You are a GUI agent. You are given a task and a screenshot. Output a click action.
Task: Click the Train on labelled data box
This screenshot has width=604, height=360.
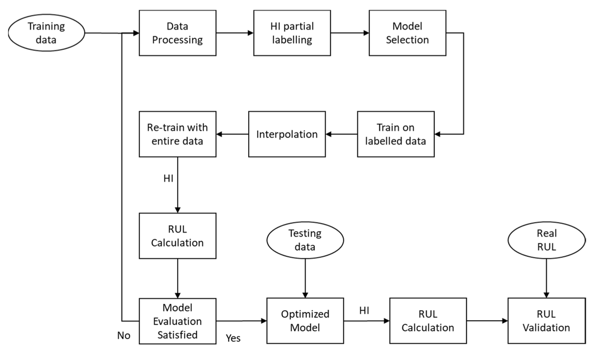coord(396,134)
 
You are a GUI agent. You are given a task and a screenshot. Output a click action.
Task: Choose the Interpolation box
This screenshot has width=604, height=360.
coord(287,134)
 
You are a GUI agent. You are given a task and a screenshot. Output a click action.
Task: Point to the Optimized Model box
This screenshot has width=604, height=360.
coord(305,321)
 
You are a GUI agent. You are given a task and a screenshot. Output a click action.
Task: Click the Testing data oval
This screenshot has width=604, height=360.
coord(305,240)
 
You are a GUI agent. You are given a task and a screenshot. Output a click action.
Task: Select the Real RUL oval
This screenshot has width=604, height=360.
coord(546,240)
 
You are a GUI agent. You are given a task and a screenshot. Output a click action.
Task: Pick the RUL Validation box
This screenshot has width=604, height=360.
coord(546,321)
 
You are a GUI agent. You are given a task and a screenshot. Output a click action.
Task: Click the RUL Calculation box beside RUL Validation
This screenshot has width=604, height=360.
coord(428,321)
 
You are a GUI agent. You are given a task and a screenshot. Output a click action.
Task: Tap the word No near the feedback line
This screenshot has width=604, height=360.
coord(124,336)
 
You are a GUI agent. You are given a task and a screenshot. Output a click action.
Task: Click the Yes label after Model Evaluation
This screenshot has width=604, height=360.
coord(233,338)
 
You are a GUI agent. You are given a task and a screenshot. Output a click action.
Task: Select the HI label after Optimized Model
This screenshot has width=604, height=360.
coord(364,311)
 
